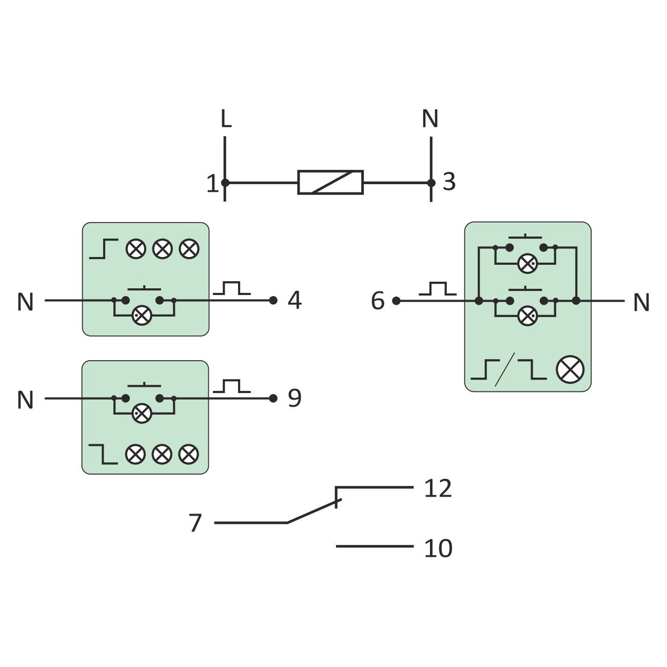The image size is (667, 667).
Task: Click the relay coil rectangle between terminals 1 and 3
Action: point(330,182)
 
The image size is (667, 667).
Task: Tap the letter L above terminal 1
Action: point(225,119)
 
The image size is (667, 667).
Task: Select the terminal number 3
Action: point(449,182)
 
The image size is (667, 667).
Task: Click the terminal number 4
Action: point(295,300)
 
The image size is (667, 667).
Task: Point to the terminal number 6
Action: point(378,301)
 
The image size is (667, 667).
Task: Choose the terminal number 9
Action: point(295,398)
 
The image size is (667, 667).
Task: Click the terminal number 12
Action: point(438,488)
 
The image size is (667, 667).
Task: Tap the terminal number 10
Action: point(438,548)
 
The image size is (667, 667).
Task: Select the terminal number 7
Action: point(195,523)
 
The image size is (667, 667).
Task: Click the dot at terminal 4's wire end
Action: point(273,300)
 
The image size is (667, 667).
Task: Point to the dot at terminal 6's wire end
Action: point(396,301)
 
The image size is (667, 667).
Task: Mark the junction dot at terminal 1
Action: point(225,182)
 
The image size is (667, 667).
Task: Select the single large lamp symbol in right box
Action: point(570,370)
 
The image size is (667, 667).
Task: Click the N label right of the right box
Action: point(641,303)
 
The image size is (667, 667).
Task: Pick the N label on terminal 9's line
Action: point(25,400)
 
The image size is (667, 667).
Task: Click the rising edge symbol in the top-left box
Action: point(104,249)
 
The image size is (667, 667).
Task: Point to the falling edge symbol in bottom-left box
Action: point(103,454)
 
